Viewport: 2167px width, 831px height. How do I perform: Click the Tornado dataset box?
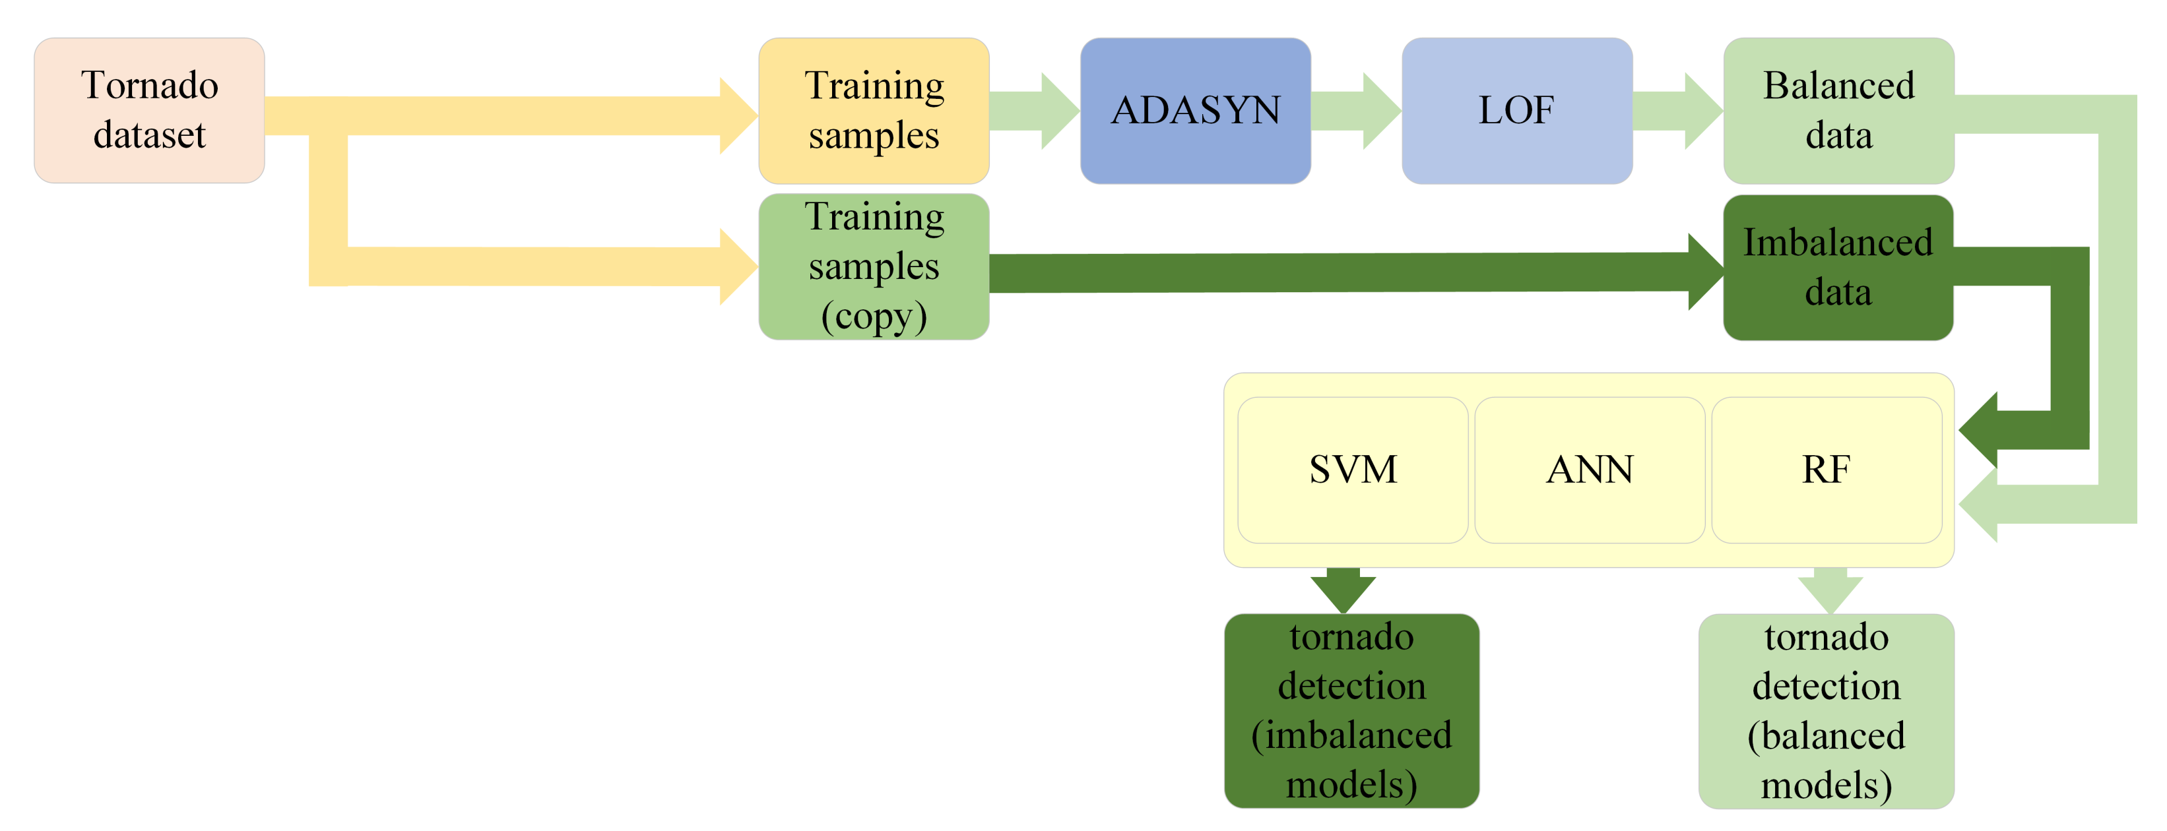[x=149, y=110]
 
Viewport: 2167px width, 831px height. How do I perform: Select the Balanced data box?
[x=1838, y=110]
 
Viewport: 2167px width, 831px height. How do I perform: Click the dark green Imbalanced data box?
[x=1838, y=268]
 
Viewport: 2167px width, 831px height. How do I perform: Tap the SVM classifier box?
[x=1353, y=470]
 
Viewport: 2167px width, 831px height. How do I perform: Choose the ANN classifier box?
[x=1589, y=470]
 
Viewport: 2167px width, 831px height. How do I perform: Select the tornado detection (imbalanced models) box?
[x=1351, y=711]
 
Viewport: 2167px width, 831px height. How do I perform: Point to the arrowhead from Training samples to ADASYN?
[x=1058, y=111]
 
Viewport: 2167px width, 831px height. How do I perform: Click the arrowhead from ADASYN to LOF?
[x=1380, y=111]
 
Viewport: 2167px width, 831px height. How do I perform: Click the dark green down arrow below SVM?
[x=1343, y=592]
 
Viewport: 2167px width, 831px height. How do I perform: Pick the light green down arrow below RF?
[x=1830, y=592]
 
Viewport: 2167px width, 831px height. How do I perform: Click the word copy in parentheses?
[x=874, y=317]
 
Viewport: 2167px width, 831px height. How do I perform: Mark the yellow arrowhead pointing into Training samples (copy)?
[x=737, y=266]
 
